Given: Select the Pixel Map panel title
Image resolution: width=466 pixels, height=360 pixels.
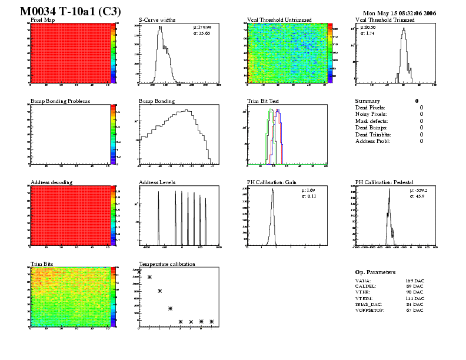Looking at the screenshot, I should pyautogui.click(x=43, y=20).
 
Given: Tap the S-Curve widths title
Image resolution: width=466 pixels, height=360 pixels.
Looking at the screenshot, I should pyautogui.click(x=157, y=20).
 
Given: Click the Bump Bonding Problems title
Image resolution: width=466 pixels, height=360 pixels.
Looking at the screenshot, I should pyautogui.click(x=60, y=101).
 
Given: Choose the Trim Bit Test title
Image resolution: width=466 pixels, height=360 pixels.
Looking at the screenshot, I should pyautogui.click(x=262, y=101).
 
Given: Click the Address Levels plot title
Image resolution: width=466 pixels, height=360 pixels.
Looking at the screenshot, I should pyautogui.click(x=157, y=182).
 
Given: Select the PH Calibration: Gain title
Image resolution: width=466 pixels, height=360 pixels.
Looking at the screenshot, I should pyautogui.click(x=271, y=182).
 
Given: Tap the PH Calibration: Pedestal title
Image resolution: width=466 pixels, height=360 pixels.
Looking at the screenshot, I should pyautogui.click(x=385, y=182).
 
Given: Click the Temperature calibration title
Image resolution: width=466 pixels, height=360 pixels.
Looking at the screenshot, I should pyautogui.click(x=167, y=264).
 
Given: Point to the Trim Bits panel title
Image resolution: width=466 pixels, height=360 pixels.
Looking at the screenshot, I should pyautogui.click(x=42, y=264).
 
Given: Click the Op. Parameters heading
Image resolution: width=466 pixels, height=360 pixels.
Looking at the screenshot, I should pyautogui.click(x=375, y=272).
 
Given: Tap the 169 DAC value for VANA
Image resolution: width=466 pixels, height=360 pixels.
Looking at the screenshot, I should pyautogui.click(x=415, y=281).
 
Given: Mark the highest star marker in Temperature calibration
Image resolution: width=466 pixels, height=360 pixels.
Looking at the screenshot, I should pyautogui.click(x=149, y=277).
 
